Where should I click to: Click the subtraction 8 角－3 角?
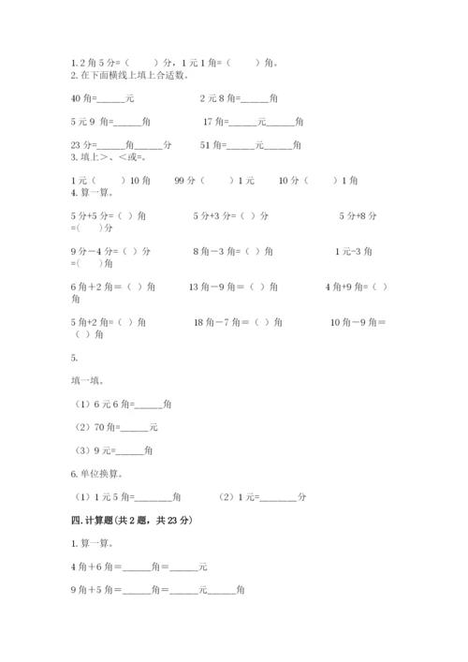coord(233,251)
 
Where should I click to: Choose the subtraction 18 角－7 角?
coord(238,322)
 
